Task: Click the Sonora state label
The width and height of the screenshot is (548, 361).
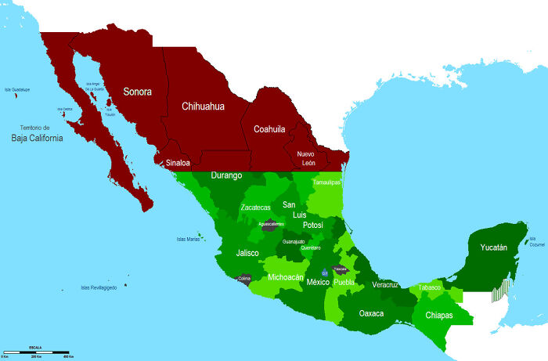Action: (x=137, y=91)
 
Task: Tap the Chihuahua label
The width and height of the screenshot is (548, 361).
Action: (x=203, y=106)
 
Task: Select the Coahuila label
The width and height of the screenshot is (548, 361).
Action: (x=269, y=129)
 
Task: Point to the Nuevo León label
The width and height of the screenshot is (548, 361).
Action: (x=305, y=158)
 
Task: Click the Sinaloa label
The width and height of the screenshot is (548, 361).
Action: (x=178, y=163)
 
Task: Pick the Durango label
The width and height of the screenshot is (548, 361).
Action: (x=226, y=176)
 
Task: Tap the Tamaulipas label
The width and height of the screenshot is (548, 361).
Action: (x=326, y=182)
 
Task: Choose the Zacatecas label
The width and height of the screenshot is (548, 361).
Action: (x=255, y=208)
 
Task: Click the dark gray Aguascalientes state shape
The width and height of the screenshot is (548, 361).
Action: (x=271, y=224)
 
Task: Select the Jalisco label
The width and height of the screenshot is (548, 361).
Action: (x=247, y=253)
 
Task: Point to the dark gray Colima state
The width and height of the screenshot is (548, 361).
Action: (x=244, y=279)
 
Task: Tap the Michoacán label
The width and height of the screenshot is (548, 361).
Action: (x=286, y=277)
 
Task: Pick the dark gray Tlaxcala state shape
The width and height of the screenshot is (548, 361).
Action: (x=340, y=269)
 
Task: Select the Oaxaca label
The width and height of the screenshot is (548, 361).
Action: (x=371, y=313)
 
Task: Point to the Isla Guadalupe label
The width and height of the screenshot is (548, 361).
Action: (x=17, y=90)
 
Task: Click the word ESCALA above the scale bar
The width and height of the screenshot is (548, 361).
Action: (x=36, y=345)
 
